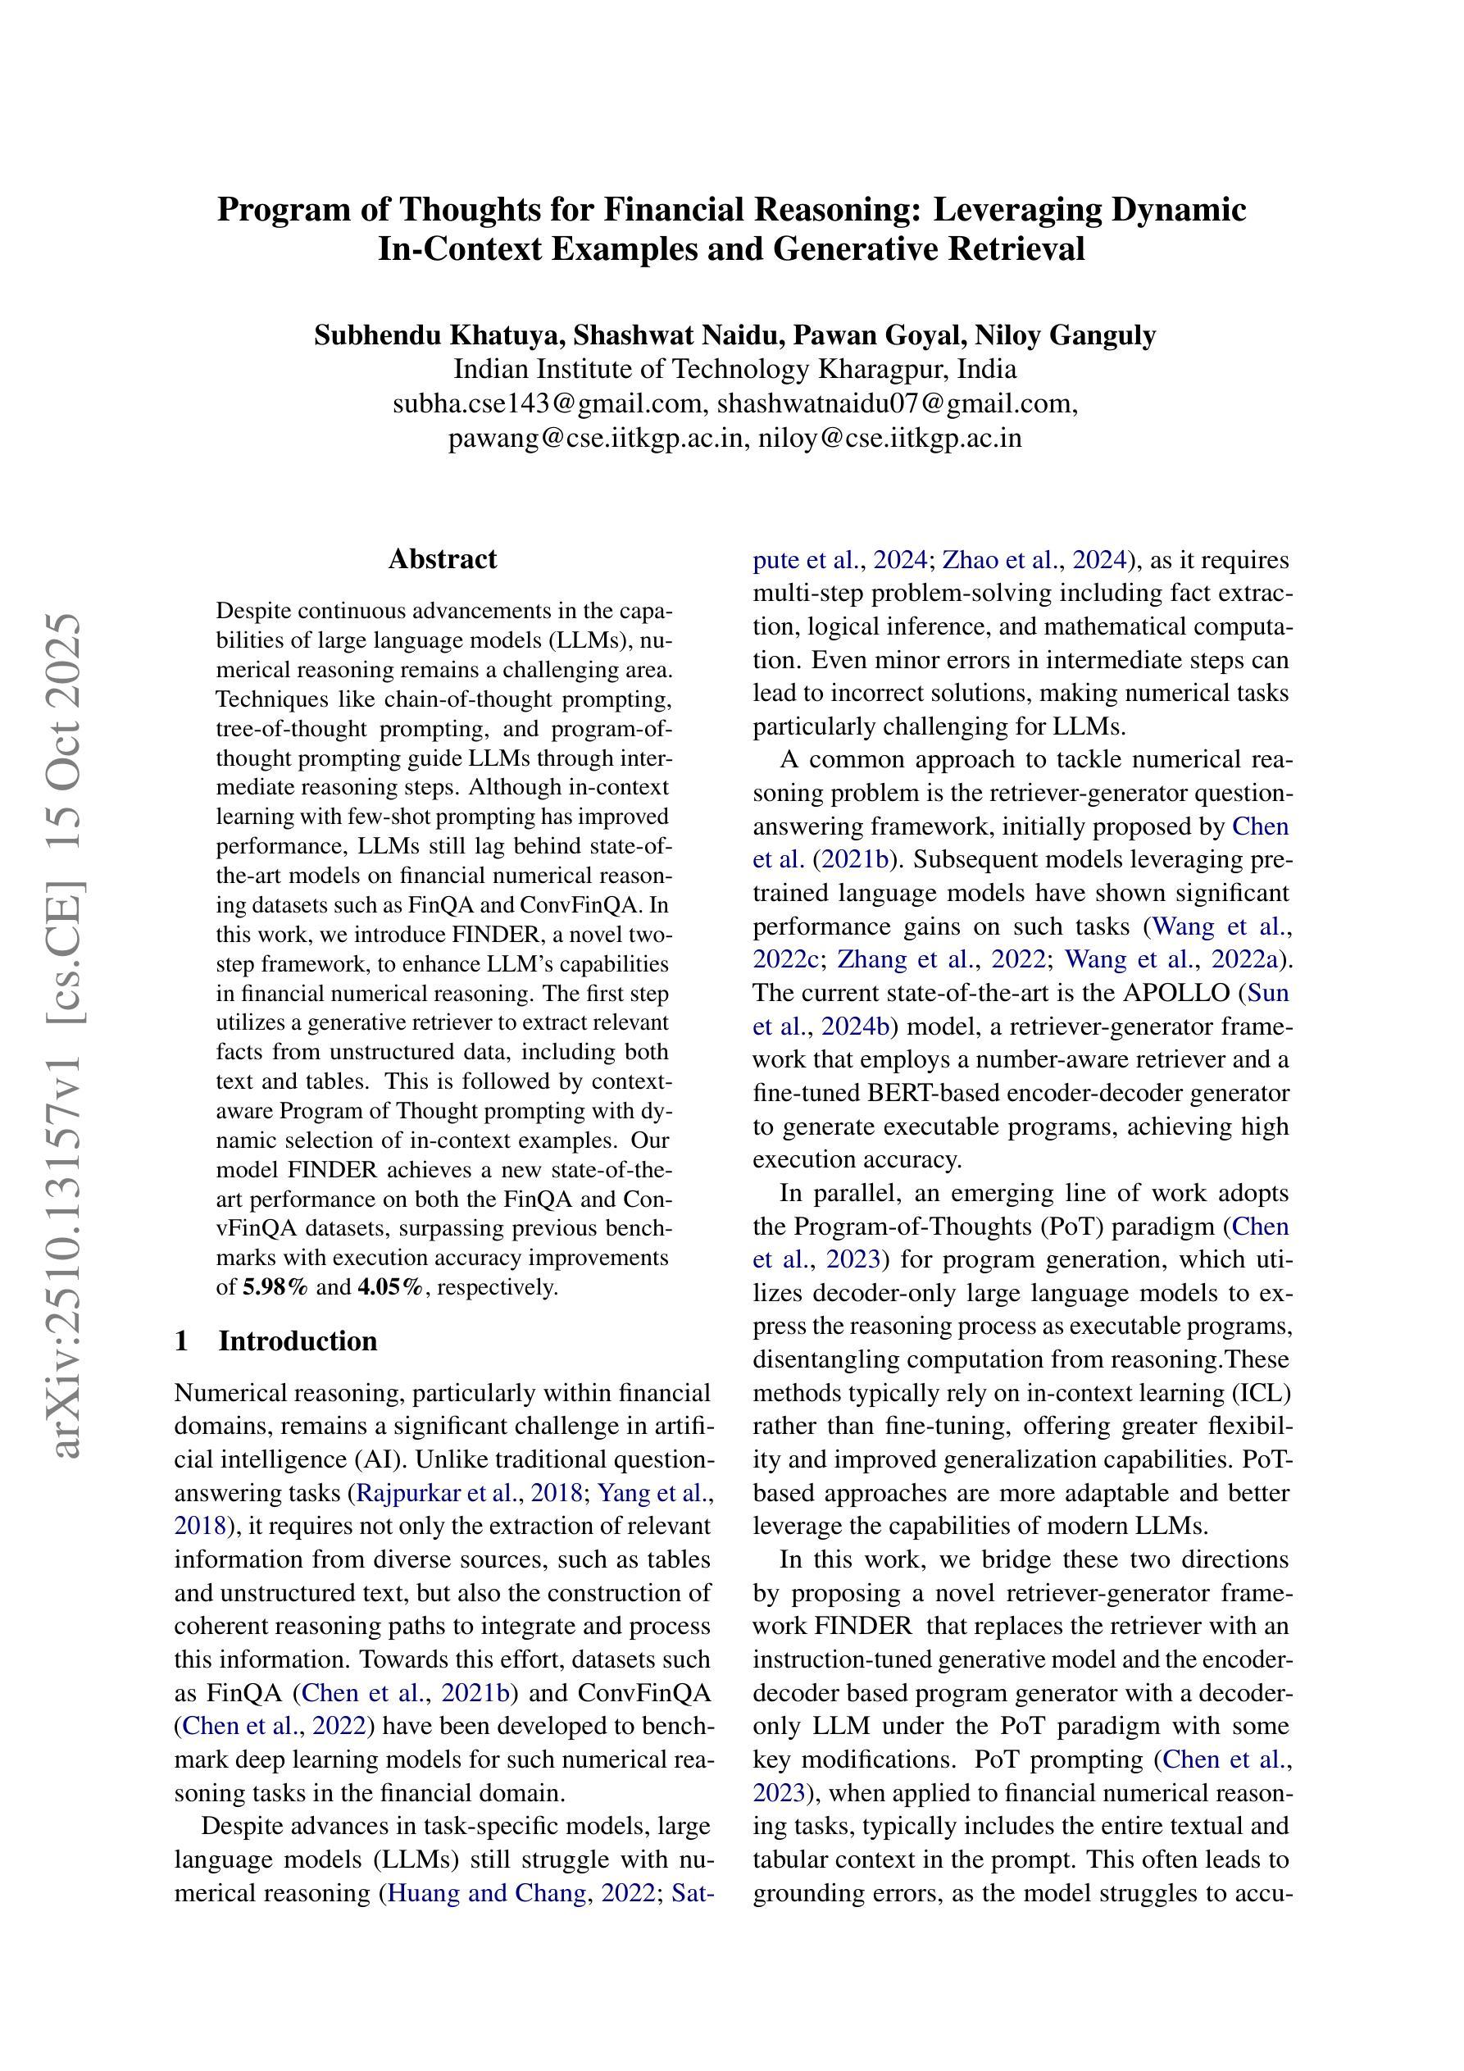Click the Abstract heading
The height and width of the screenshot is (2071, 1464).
click(442, 559)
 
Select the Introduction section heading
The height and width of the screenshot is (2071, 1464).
click(298, 1341)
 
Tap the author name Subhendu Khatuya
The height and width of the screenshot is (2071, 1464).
click(439, 335)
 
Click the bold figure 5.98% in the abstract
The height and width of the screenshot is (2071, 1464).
click(275, 1287)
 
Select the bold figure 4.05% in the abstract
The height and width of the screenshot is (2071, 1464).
click(389, 1287)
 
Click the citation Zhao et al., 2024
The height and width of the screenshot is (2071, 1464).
click(1034, 560)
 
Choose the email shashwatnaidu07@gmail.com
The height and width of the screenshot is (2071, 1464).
click(897, 403)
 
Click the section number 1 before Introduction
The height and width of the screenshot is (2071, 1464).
click(182, 1341)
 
